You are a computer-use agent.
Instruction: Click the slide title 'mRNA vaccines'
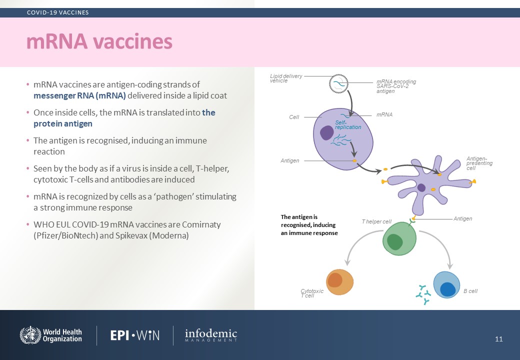99,41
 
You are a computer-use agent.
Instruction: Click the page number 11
499,339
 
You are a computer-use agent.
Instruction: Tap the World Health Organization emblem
30,335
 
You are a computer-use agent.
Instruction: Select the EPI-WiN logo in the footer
135,335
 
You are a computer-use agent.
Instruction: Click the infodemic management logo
211,335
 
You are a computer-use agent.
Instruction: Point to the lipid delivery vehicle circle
338,83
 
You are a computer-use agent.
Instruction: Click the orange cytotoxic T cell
339,282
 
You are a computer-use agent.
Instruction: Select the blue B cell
446,285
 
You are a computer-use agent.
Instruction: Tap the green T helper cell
399,238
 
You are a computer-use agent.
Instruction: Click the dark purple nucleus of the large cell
326,133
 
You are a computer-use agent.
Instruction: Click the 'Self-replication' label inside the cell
348,124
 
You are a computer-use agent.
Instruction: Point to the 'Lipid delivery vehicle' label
286,78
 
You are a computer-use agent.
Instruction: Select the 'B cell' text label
470,291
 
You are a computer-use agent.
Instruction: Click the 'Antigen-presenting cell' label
479,163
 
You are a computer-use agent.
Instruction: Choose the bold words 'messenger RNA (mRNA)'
79,96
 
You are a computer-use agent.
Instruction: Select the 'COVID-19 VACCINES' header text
57,12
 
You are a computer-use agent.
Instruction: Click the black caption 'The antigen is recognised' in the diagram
309,225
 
